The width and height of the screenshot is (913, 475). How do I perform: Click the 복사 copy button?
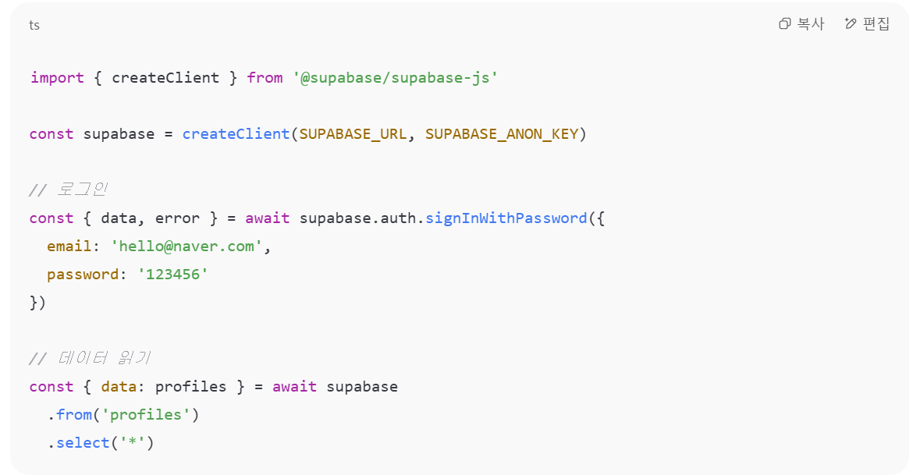[801, 24]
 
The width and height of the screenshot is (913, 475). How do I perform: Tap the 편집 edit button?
[867, 24]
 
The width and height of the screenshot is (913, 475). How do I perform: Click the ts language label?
[34, 25]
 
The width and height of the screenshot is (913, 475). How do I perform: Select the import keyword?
[57, 78]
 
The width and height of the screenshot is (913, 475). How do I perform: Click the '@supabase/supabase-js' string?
[395, 78]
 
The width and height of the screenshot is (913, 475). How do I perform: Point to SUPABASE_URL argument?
[353, 134]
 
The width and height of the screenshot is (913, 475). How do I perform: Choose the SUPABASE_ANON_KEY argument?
[502, 134]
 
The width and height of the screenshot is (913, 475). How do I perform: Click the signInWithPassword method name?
[506, 218]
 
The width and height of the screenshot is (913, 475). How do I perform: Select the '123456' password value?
[172, 275]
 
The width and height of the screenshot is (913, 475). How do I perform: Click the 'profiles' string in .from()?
[146, 415]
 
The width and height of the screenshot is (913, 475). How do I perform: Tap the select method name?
[83, 443]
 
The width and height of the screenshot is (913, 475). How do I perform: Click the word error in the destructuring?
[177, 218]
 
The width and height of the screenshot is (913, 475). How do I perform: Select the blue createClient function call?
[236, 134]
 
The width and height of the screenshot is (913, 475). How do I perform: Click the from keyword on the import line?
[265, 78]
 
